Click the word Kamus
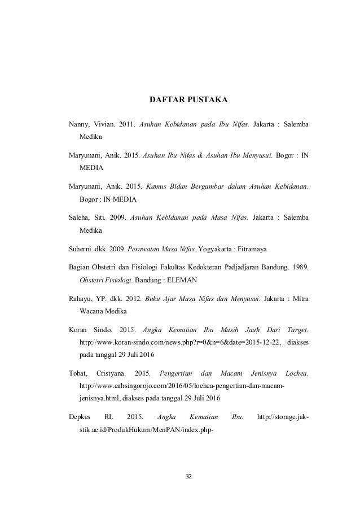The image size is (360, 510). pyautogui.click(x=158, y=186)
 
